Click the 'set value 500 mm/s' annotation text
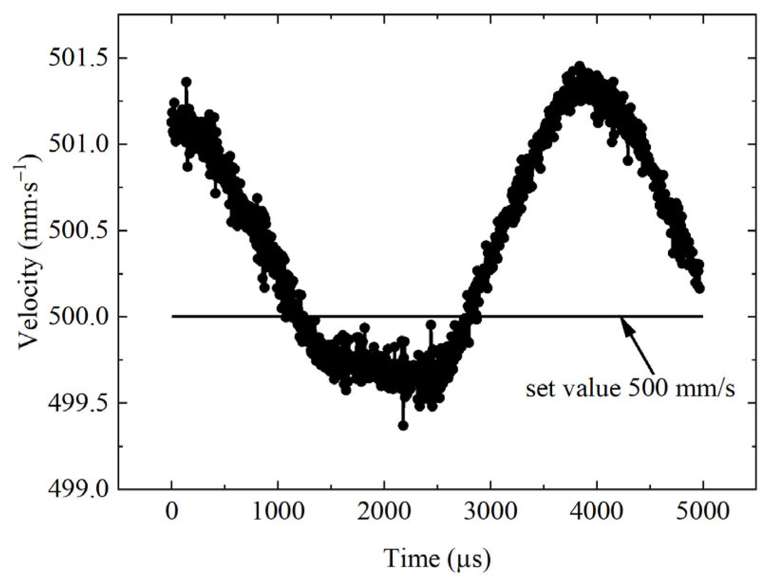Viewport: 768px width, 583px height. click(x=630, y=389)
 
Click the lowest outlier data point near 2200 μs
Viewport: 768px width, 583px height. click(x=403, y=426)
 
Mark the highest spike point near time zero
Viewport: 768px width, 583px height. click(x=186, y=82)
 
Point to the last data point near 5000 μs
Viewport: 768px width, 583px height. click(x=700, y=288)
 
